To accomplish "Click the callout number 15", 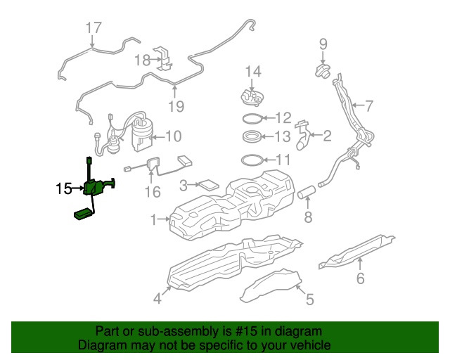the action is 63,188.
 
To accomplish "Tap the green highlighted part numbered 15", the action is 92,188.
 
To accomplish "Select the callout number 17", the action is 94,28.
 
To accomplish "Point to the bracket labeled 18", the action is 164,59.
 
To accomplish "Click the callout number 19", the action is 176,106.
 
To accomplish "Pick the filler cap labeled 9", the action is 323,71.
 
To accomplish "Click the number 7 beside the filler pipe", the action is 368,105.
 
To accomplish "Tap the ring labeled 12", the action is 252,118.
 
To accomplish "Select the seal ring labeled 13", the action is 252,136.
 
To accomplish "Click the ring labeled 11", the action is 252,160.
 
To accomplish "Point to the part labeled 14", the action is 252,98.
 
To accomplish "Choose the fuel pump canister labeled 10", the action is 142,134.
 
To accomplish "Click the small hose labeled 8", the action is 307,192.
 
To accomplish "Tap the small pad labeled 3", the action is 209,185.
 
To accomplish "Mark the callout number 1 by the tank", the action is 153,219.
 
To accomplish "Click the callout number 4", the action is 157,298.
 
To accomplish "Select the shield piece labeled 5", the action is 271,285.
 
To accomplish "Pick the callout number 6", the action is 360,278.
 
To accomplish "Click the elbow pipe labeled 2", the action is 304,135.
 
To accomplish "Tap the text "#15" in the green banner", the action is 246,331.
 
